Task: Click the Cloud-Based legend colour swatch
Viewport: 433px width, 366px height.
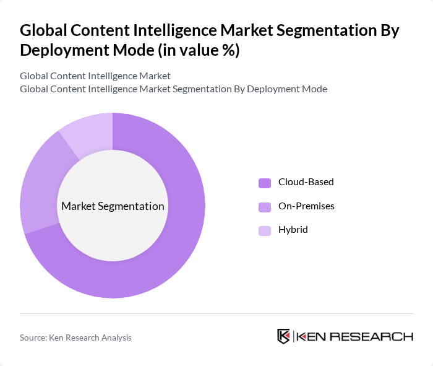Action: coord(265,183)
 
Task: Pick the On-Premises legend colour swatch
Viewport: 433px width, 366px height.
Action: coord(265,206)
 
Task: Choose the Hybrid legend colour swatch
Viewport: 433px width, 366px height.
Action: coord(265,230)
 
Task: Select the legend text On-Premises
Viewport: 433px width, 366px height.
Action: coord(306,206)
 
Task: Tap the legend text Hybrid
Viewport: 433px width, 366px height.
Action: coord(293,230)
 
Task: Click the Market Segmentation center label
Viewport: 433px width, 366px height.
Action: coord(113,206)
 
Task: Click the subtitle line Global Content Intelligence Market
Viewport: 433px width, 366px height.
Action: coord(95,76)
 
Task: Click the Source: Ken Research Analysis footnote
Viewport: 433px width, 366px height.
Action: coord(75,338)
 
